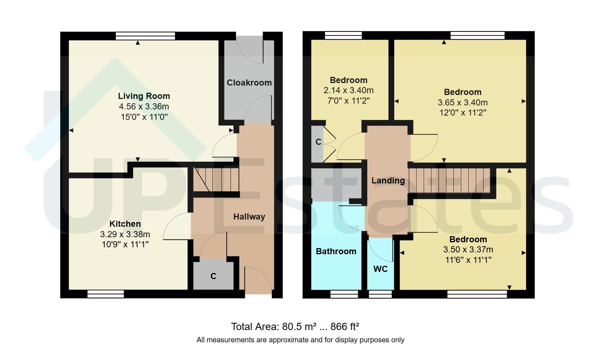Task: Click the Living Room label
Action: point(144,96)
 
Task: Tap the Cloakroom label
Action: point(249,83)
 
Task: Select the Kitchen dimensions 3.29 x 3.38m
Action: point(125,234)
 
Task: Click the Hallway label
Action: point(249,217)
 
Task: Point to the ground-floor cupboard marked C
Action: point(213,276)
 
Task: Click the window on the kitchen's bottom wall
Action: point(106,294)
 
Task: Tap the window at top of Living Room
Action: point(145,36)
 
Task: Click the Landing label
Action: point(388,181)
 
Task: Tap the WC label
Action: point(381,269)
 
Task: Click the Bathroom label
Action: point(336,251)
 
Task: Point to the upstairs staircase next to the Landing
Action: point(449,180)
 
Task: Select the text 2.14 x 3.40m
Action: point(348,90)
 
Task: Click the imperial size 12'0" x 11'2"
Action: point(462,112)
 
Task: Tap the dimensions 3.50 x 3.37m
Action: point(468,250)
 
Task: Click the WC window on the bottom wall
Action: point(380,294)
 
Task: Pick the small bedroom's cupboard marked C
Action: point(318,142)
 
